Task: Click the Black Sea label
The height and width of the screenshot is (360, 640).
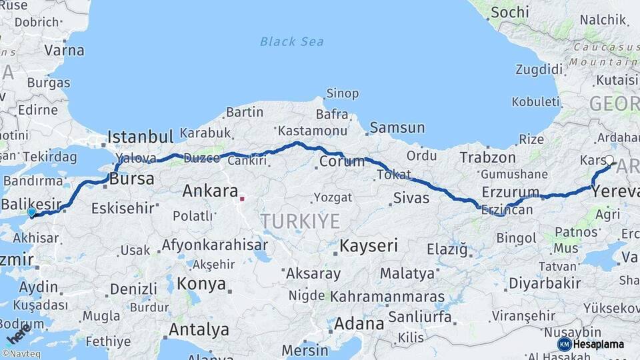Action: (292, 42)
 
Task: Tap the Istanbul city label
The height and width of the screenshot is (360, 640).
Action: (141, 137)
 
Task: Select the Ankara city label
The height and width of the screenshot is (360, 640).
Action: (210, 191)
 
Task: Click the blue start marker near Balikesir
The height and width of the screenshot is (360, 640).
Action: (31, 212)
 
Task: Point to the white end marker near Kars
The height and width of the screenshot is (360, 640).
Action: (609, 160)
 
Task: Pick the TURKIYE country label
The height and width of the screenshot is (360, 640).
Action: (300, 221)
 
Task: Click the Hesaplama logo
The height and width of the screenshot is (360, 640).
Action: (592, 344)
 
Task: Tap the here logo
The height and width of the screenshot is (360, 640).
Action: (15, 331)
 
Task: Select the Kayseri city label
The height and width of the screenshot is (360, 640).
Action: (369, 245)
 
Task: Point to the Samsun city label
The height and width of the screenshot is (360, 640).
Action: (397, 127)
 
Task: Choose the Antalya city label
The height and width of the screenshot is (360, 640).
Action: (199, 329)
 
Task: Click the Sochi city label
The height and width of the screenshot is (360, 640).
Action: (509, 12)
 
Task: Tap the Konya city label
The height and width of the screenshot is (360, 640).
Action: (201, 284)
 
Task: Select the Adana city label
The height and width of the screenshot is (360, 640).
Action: (359, 324)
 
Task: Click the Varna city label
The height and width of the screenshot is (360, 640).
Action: (64, 50)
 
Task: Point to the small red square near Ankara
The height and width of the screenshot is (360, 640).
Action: (242, 198)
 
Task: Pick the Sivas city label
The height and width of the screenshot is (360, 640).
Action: (411, 197)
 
